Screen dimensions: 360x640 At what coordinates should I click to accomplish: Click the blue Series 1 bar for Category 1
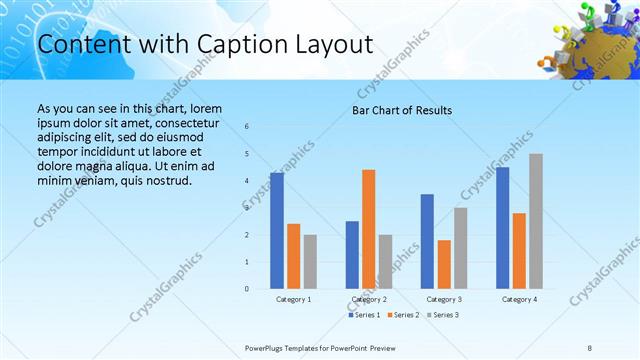[x=277, y=231]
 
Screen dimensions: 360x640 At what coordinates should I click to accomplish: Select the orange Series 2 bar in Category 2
[x=369, y=229]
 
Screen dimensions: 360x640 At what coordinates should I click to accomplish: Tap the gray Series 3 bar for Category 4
[x=536, y=221]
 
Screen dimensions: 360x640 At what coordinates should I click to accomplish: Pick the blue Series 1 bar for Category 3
[x=427, y=241]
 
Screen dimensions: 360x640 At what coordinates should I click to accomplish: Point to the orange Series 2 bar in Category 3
[x=444, y=264]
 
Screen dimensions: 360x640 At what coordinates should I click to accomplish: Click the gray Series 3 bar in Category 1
[x=310, y=262]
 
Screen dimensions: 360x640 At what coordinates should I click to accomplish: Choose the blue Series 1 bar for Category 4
[x=502, y=228]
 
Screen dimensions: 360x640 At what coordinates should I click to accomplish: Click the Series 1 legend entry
[x=365, y=315]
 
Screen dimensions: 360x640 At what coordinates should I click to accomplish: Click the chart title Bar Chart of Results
[x=402, y=110]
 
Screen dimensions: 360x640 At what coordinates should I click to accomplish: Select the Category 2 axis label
[x=369, y=299]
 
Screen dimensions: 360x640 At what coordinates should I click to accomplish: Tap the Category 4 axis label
[x=519, y=299]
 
